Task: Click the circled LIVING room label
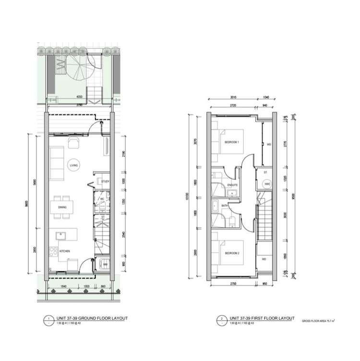[73, 165]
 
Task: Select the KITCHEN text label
[65, 250]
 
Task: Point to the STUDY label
[106, 181]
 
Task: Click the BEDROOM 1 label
[232, 142]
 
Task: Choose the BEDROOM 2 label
[232, 253]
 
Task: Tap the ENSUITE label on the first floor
[232, 185]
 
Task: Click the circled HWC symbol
[267, 184]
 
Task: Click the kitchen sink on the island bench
[61, 235]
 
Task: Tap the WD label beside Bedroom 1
[269, 144]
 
